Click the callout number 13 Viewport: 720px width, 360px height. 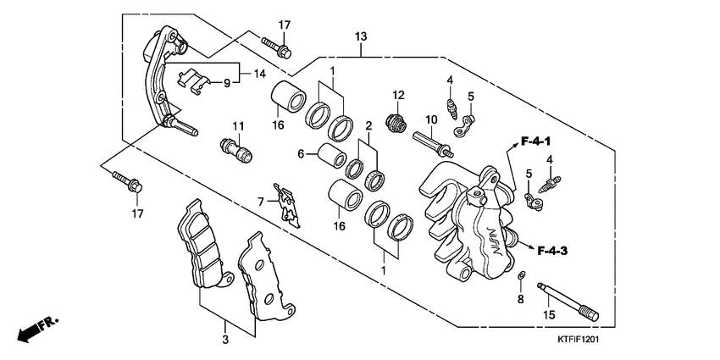[x=361, y=36]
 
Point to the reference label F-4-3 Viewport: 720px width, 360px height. [x=551, y=250]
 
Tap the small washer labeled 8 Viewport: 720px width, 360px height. [x=523, y=276]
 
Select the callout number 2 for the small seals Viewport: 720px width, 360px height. [x=368, y=126]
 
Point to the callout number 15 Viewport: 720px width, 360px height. [x=549, y=315]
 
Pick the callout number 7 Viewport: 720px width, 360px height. [x=262, y=201]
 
